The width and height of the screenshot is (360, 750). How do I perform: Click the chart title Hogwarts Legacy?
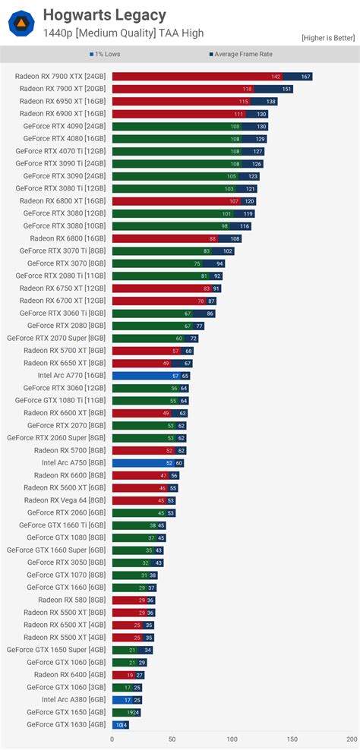point(104,15)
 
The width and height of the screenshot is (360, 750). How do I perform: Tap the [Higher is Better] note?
point(327,37)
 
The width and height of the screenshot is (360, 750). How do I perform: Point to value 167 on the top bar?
point(305,77)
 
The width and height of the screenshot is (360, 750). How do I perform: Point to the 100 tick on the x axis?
point(232,738)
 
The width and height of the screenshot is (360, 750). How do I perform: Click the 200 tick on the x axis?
point(351,738)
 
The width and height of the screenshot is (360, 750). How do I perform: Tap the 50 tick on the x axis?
point(172,738)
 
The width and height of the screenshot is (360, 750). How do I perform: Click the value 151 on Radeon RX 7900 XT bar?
point(286,89)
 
